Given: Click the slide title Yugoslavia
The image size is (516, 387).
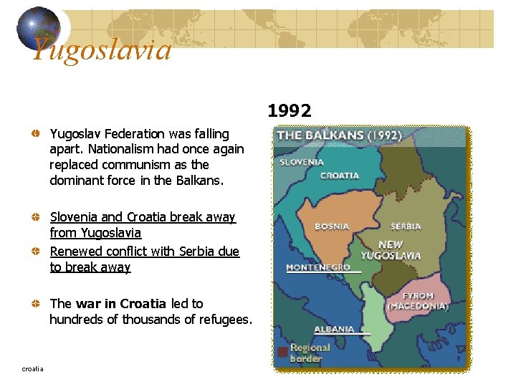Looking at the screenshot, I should pyautogui.click(x=102, y=50).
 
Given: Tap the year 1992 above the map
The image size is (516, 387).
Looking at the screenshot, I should pyautogui.click(x=290, y=110).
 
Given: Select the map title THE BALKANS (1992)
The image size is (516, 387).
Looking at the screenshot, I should pyautogui.click(x=339, y=135).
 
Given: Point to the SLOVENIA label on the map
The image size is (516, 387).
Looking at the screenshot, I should pyautogui.click(x=302, y=162).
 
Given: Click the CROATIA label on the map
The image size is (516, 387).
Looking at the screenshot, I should pyautogui.click(x=339, y=175).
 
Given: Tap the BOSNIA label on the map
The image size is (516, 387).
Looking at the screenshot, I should pyautogui.click(x=332, y=226).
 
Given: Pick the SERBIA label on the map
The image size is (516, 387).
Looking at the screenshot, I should pyautogui.click(x=406, y=226).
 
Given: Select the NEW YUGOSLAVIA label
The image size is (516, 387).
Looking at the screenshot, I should pyautogui.click(x=391, y=250).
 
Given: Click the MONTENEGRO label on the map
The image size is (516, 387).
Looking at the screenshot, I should pyautogui.click(x=318, y=267).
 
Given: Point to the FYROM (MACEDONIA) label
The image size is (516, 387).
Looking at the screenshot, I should pyautogui.click(x=418, y=301).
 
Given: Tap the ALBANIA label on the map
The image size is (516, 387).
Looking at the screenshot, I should pyautogui.click(x=334, y=329).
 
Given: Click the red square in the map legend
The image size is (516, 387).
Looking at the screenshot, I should pyautogui.click(x=282, y=352).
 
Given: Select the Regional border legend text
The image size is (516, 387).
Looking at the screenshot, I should pyautogui.click(x=310, y=353).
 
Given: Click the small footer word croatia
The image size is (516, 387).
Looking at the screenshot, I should pyautogui.click(x=32, y=368).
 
